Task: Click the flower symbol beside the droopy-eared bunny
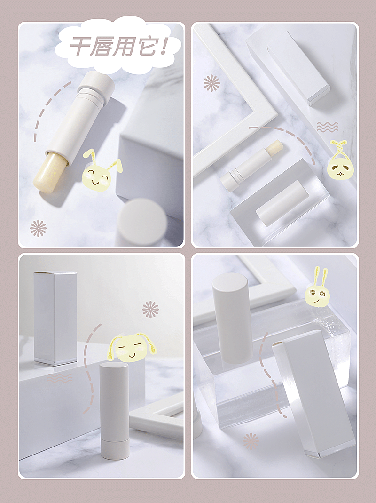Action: pos(150,310)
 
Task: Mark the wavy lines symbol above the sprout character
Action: pos(327,127)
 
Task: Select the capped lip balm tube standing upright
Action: pos(114,410)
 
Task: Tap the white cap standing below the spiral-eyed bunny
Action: pos(233,318)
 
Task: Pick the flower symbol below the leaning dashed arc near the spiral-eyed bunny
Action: pos(251,441)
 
